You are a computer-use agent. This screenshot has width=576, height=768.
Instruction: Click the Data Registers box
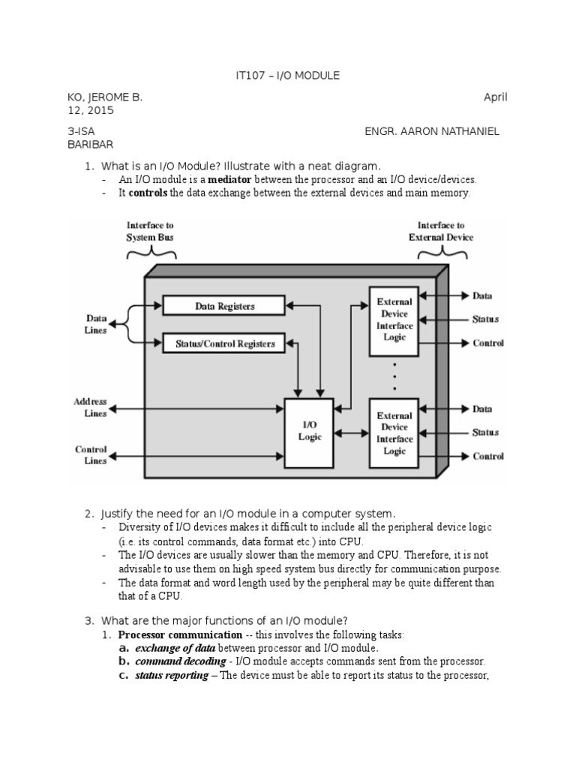223,306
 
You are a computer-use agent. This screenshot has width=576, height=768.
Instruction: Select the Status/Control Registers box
223,343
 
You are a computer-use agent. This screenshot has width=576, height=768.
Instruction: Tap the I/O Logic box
309,433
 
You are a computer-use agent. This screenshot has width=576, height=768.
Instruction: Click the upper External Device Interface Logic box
394,321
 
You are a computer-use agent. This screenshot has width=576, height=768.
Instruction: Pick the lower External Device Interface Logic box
394,433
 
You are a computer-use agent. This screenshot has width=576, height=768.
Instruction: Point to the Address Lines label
90,407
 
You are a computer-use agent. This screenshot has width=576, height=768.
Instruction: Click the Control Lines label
91,455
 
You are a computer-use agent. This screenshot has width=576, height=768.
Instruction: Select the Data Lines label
96,324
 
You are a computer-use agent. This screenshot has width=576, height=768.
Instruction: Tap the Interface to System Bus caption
150,231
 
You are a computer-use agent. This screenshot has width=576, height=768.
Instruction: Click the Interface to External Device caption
441,231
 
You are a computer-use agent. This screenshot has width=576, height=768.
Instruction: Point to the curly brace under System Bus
151,253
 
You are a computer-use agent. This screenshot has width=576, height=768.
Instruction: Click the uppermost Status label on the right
485,319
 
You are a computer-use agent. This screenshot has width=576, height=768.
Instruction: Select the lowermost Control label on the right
488,457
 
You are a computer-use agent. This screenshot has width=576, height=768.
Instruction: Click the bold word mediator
229,179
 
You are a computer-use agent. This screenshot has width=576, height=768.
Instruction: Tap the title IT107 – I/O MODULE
287,76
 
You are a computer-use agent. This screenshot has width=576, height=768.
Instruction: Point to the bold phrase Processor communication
180,634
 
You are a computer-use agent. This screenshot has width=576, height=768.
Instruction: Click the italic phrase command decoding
181,661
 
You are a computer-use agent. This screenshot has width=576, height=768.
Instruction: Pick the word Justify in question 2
117,514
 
